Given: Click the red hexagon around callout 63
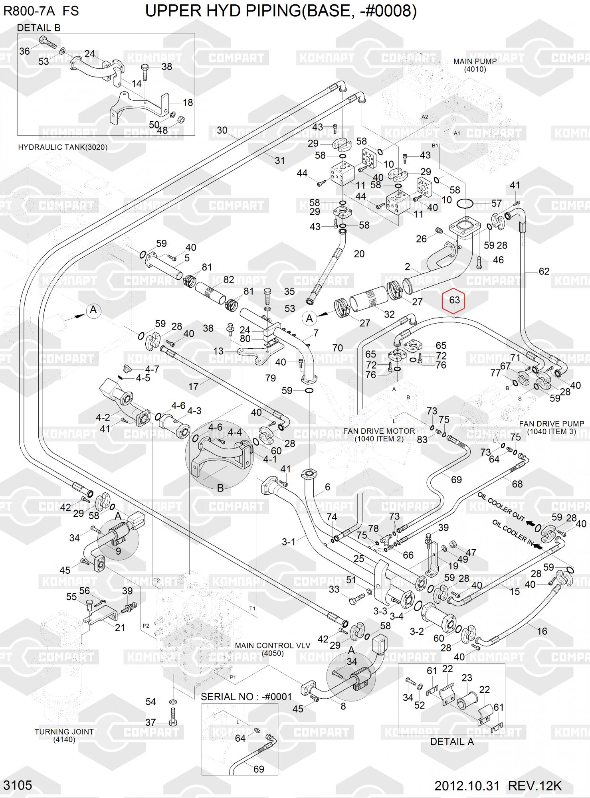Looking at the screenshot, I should [x=454, y=300].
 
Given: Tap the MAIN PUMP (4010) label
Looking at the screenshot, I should [x=475, y=65].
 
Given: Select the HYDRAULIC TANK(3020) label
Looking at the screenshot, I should [x=63, y=147].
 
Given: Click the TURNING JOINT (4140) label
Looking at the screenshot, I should [x=64, y=735].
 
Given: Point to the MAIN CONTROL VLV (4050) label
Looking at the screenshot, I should [x=272, y=649].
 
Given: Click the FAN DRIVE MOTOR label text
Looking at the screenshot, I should [x=379, y=435].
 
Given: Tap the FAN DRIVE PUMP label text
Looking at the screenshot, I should [x=551, y=427].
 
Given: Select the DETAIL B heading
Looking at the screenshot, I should [x=39, y=28].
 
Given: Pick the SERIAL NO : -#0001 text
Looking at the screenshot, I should [x=246, y=697].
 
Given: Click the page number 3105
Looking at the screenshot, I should [x=18, y=785].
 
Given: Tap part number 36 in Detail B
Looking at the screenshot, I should [x=24, y=51].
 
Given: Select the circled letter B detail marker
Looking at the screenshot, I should [x=220, y=488].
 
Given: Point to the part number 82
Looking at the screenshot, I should [x=228, y=279].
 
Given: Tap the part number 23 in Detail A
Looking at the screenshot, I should [x=467, y=678].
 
